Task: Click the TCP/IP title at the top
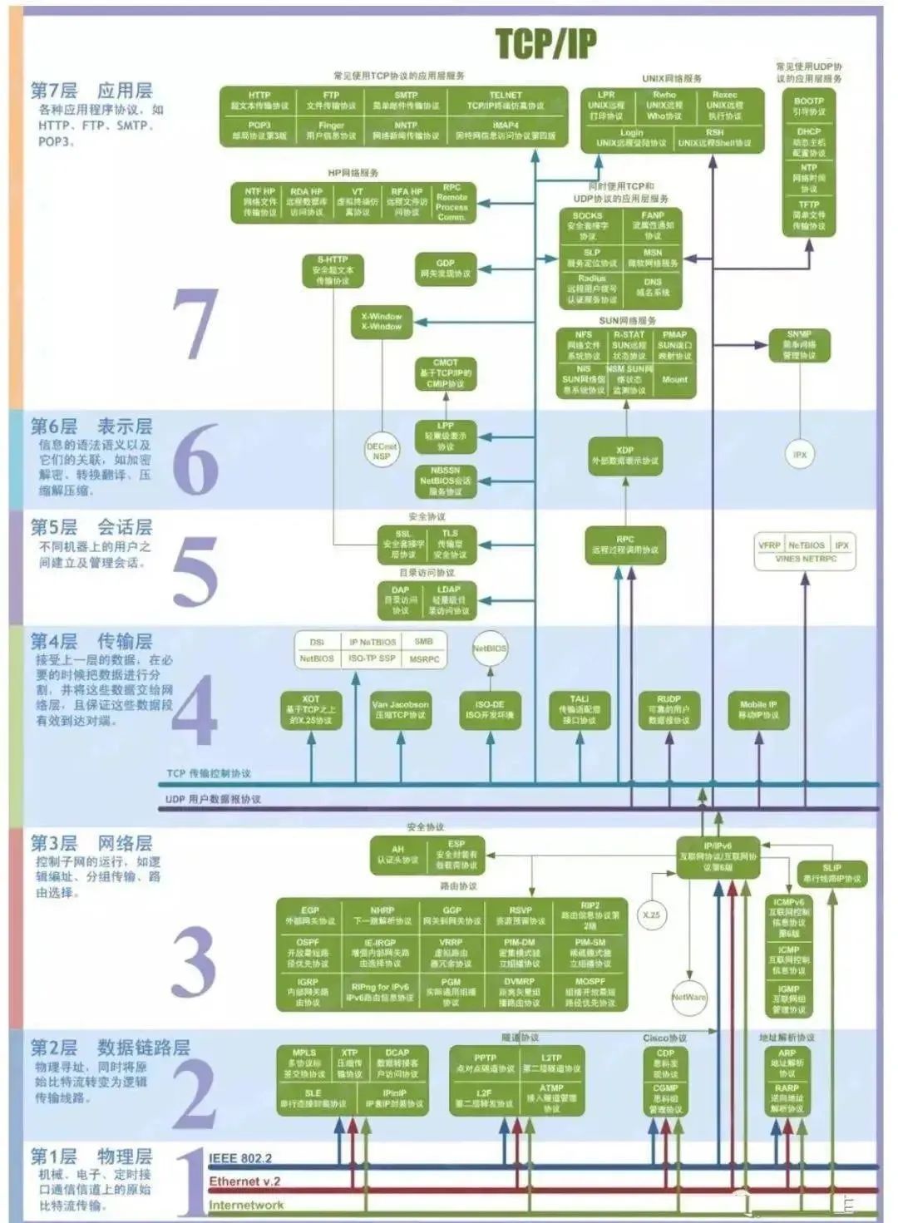(x=545, y=44)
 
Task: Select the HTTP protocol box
(x=259, y=101)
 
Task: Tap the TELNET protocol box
(x=506, y=101)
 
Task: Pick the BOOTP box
(x=808, y=106)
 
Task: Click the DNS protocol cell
(x=653, y=287)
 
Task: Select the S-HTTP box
(x=333, y=270)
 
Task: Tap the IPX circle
(x=800, y=455)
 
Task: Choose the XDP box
(x=625, y=455)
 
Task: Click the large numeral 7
(x=195, y=324)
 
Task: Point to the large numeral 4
(x=195, y=711)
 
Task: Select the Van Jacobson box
(x=400, y=709)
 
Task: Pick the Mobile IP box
(x=758, y=709)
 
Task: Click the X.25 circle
(x=651, y=915)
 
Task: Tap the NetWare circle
(x=688, y=997)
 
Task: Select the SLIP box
(x=831, y=873)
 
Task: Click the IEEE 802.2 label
(x=240, y=1158)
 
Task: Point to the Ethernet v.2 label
(x=244, y=1181)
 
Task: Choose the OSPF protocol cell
(x=308, y=953)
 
